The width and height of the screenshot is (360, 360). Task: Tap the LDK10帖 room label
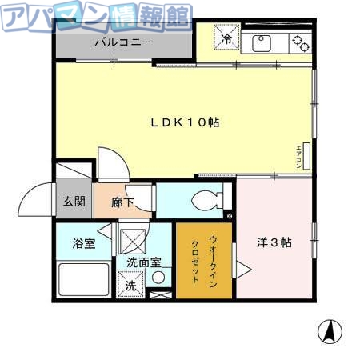pos(186,122)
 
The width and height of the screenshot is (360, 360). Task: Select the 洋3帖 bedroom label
pos(274,242)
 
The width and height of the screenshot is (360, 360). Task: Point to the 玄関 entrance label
pos(74,201)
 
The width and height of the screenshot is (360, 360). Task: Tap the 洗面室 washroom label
pos(145,262)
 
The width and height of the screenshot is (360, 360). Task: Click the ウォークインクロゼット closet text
pos(206,258)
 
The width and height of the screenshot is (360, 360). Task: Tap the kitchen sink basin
pos(262,42)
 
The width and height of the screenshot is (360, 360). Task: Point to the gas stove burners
pos(300,42)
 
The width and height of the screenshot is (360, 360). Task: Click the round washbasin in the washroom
pos(159,278)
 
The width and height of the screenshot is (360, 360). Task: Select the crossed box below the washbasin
pos(159,295)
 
